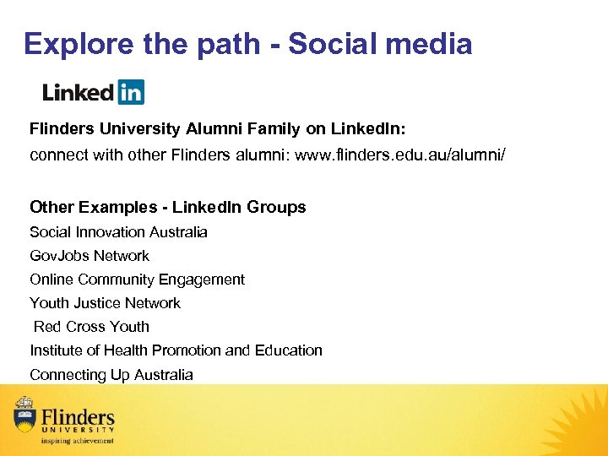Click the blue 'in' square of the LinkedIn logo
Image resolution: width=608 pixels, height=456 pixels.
coord(131,91)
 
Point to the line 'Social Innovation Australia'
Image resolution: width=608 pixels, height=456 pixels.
coord(118,232)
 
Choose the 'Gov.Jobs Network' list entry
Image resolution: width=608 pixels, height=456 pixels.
coord(90,256)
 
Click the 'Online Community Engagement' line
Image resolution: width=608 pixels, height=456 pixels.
coord(137,280)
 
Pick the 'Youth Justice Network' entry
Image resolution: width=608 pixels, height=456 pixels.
coord(105,303)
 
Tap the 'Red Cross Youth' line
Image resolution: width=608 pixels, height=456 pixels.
coord(91,327)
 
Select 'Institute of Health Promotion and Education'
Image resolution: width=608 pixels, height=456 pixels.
coord(176,350)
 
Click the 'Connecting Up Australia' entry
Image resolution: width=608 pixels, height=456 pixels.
coord(111,375)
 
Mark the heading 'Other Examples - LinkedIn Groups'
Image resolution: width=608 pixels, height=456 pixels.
coord(167,207)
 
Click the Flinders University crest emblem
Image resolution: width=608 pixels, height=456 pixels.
coord(24,414)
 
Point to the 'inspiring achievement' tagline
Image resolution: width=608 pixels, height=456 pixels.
coord(78,441)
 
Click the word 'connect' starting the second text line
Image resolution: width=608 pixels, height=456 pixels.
coord(57,155)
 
